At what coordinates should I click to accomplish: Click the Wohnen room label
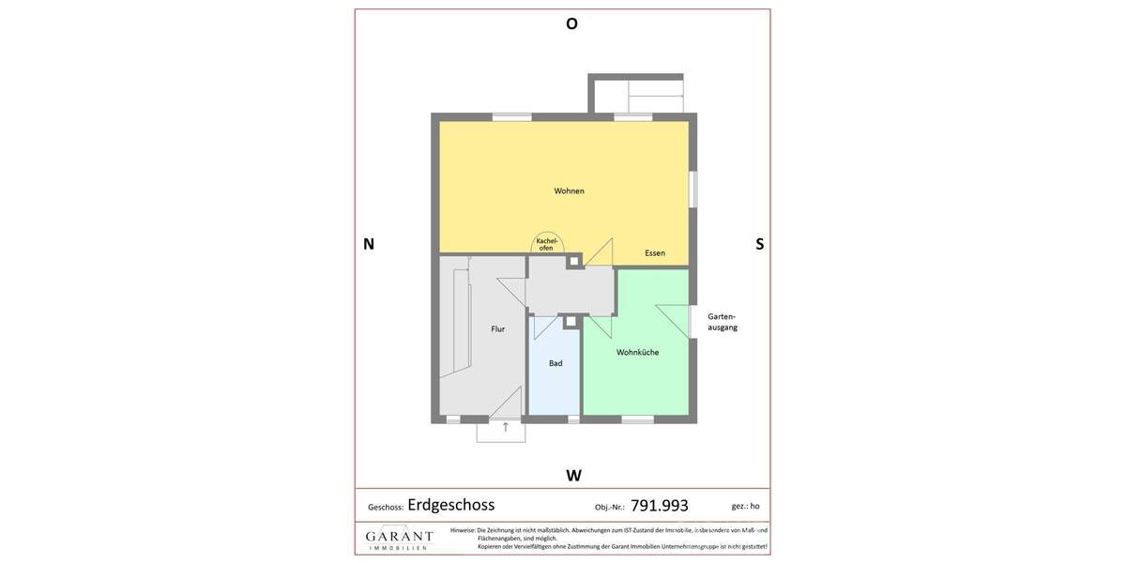tap(569, 191)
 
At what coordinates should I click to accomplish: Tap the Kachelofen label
tap(546, 244)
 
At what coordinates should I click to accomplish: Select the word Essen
tap(655, 253)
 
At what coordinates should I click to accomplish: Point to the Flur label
tap(497, 329)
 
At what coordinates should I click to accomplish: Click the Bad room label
tap(555, 363)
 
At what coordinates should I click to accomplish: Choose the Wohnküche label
tap(637, 353)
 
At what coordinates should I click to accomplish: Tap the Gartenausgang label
tap(723, 322)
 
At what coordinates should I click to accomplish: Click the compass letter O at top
tap(571, 24)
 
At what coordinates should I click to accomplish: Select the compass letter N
tap(369, 244)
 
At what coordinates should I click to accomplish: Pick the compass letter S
tap(759, 244)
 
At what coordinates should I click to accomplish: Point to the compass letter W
tap(573, 476)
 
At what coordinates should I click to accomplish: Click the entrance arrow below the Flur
tap(506, 428)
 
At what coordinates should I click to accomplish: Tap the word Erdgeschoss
tap(450, 505)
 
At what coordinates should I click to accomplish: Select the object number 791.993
tap(659, 506)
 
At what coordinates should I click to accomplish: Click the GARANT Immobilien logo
tap(399, 539)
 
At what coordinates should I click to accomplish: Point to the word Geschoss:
tap(386, 508)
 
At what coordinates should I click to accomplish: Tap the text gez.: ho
tap(745, 507)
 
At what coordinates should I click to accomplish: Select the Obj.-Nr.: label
tap(609, 508)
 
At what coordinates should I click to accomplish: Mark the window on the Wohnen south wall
tap(693, 189)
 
